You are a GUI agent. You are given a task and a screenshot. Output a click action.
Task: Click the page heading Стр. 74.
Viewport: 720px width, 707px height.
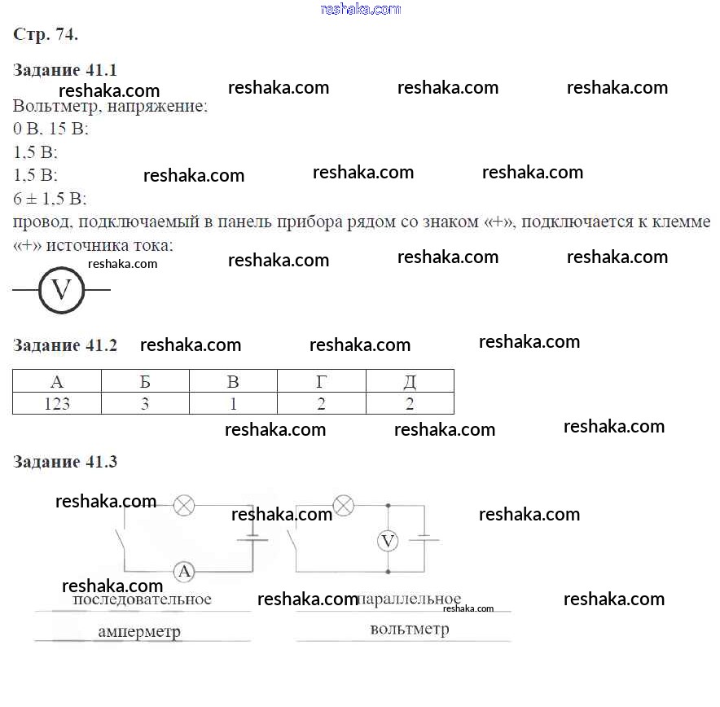(x=46, y=34)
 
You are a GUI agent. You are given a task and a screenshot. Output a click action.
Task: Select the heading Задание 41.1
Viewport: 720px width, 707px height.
(x=65, y=69)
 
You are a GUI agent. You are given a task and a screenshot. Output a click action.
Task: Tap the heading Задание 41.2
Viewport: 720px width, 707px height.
(x=65, y=345)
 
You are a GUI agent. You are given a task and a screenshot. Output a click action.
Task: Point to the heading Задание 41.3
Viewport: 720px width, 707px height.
(x=65, y=462)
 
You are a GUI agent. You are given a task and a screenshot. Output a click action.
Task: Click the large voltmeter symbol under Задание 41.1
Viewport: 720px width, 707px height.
(x=62, y=290)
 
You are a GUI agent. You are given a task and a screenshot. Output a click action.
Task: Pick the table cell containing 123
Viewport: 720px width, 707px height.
(x=56, y=403)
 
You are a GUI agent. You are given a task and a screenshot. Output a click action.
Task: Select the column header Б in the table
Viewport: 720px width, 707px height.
(x=145, y=382)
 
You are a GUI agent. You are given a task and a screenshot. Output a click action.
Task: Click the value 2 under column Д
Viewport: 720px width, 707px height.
(x=410, y=403)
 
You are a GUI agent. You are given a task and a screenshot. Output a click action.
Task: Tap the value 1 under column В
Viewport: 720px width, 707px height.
(x=233, y=403)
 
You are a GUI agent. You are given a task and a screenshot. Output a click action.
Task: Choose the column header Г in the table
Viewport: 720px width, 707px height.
(x=322, y=382)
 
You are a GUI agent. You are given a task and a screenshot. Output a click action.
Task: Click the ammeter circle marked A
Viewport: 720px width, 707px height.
(x=185, y=572)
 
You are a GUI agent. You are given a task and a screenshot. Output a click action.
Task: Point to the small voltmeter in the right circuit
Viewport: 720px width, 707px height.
(x=389, y=541)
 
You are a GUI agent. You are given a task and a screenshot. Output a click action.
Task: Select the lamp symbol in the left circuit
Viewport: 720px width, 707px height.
(x=185, y=507)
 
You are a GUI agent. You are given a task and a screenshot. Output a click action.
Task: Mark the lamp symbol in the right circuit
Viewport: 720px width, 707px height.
(x=345, y=506)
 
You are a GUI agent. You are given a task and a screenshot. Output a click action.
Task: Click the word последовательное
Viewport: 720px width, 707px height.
(x=143, y=599)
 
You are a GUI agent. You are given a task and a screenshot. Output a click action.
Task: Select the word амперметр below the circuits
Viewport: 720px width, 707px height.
(x=139, y=631)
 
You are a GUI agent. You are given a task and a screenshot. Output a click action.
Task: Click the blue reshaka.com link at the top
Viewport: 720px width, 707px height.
(x=361, y=9)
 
